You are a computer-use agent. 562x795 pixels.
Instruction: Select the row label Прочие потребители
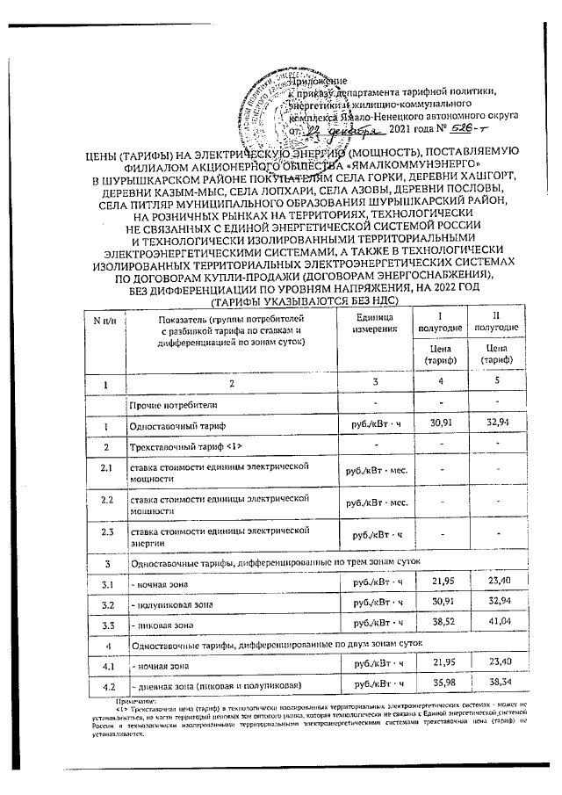point(170,405)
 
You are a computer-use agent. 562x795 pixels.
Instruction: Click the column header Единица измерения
point(371,322)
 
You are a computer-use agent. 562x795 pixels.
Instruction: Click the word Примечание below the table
point(133,702)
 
